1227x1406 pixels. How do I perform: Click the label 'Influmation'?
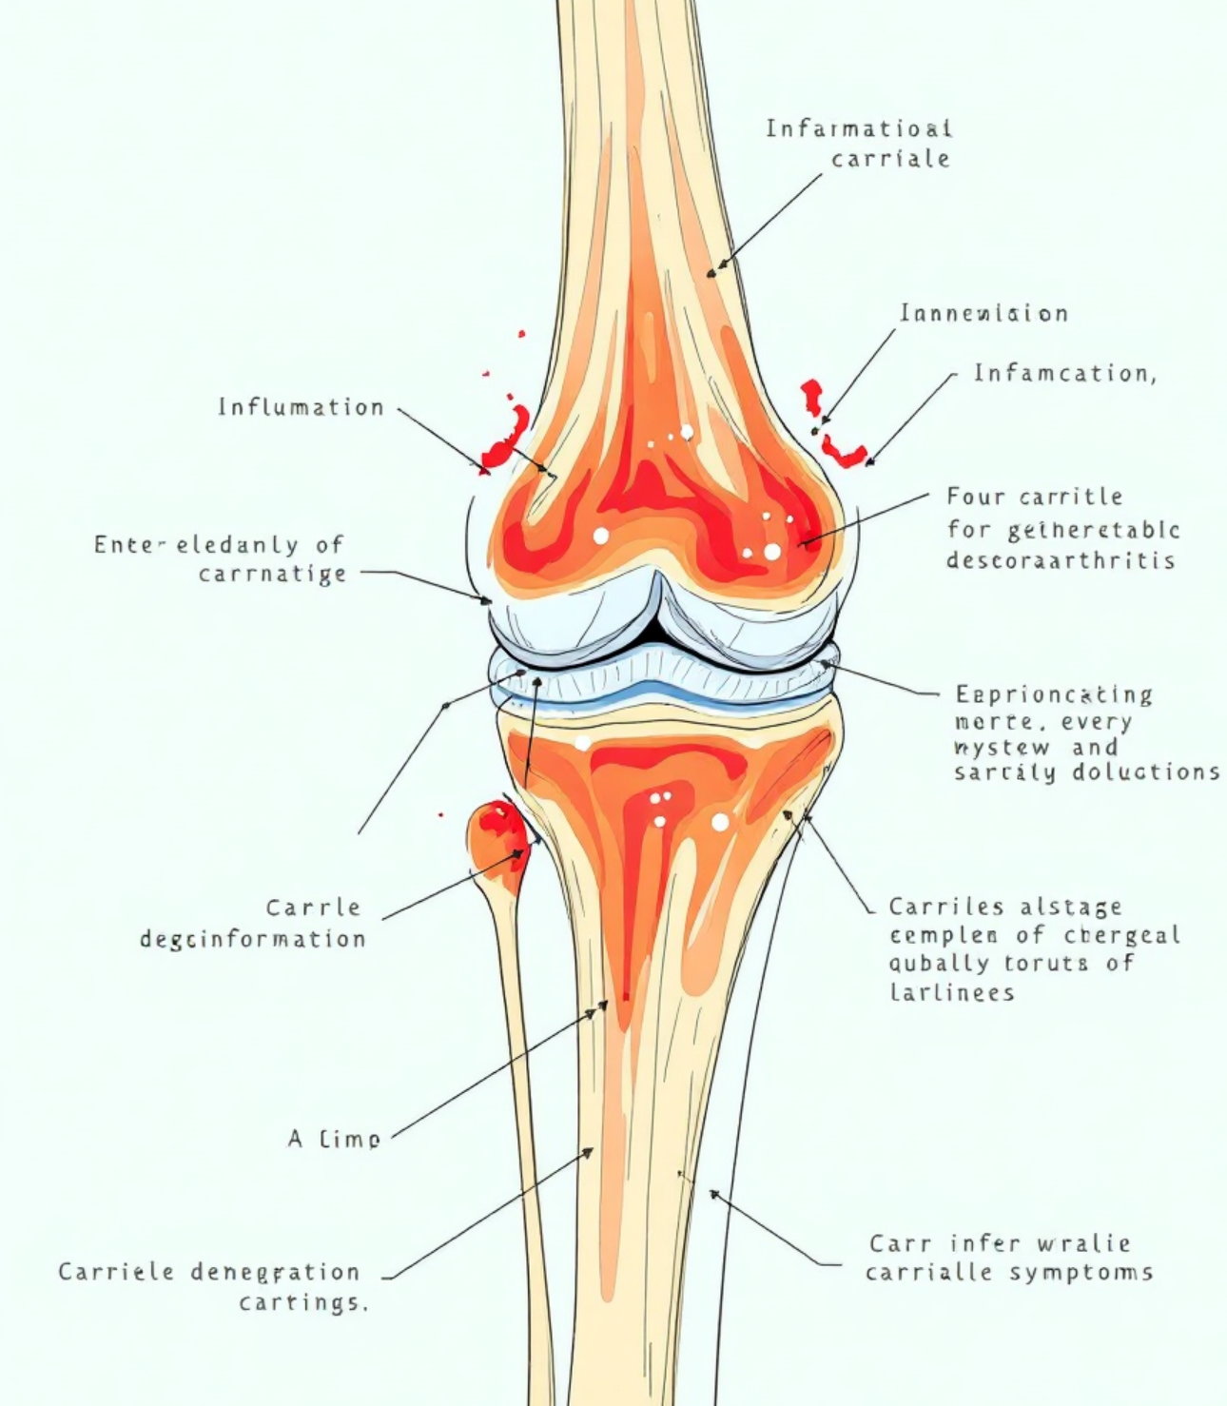[301, 407]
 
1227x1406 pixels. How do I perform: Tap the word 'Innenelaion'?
[984, 313]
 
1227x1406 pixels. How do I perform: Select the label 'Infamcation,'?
[1064, 373]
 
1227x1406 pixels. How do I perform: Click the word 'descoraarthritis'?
[1061, 560]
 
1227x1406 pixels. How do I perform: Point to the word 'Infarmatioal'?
[859, 128]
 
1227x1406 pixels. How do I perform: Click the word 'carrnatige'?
[272, 575]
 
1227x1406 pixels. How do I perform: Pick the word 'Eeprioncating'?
[1054, 694]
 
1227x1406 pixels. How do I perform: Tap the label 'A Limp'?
[334, 1138]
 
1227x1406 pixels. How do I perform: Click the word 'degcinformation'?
[253, 939]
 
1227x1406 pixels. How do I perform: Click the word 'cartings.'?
[302, 1301]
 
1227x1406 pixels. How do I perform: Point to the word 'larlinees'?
[952, 992]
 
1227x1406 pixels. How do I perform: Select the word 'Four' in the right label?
[975, 497]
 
